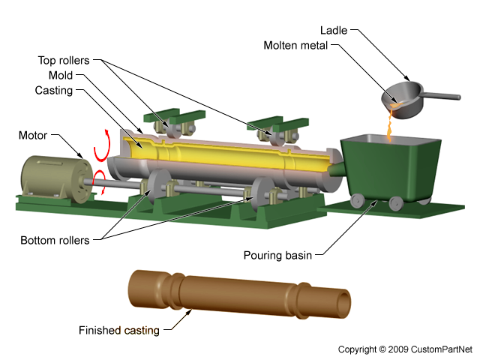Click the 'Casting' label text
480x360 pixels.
coord(54,91)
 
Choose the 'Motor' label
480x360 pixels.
coord(32,136)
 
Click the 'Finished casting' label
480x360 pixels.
coord(118,330)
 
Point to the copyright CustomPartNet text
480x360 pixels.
coord(405,349)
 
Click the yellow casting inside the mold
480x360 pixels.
coord(225,154)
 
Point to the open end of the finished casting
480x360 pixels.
coord(343,303)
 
